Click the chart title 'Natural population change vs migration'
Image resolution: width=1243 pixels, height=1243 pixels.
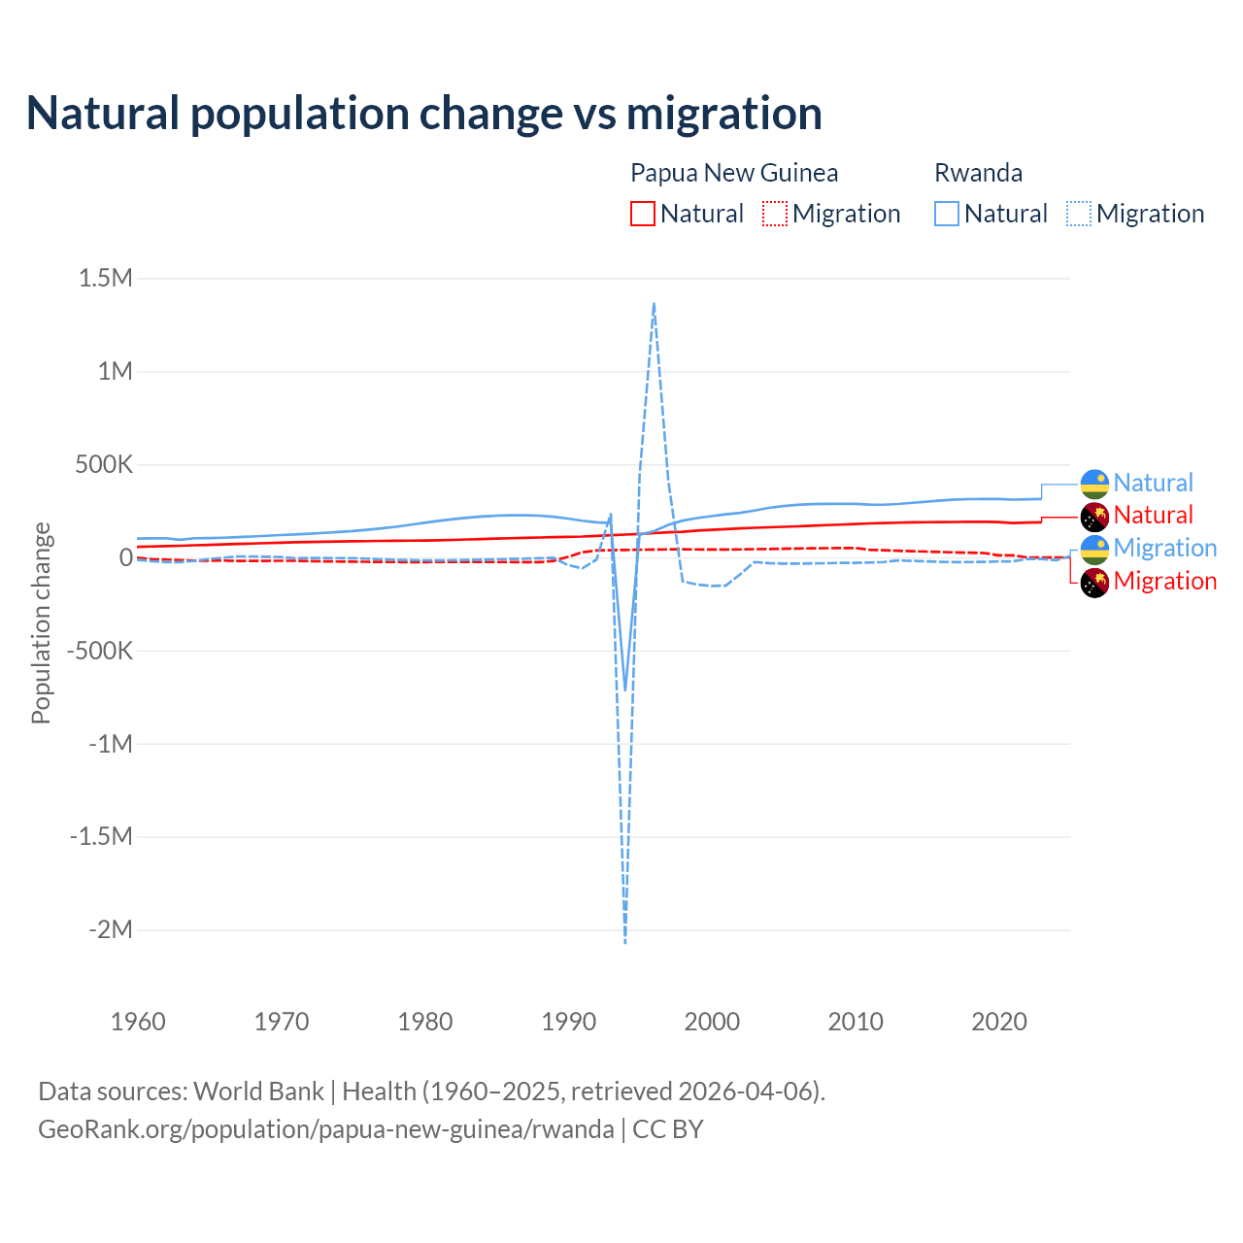click(x=424, y=114)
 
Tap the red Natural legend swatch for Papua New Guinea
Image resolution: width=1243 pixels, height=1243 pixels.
click(x=642, y=214)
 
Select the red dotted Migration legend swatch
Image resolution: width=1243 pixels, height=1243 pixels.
click(x=774, y=214)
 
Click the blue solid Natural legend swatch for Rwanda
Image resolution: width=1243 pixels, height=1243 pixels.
click(x=946, y=214)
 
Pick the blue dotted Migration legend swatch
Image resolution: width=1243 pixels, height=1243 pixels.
click(x=1078, y=214)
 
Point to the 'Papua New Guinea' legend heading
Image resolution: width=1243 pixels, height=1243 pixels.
click(x=733, y=173)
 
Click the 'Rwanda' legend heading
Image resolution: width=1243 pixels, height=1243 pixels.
click(x=978, y=173)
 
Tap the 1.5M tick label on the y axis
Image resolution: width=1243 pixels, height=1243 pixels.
click(x=105, y=279)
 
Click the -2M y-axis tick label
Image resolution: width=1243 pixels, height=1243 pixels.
click(x=110, y=930)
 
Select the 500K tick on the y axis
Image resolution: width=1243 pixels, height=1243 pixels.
click(x=103, y=465)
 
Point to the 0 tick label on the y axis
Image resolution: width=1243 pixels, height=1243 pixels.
click(x=125, y=557)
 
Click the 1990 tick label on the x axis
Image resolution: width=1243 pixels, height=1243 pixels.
click(x=568, y=1022)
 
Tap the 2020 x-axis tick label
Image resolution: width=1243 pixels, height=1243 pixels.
click(x=999, y=1022)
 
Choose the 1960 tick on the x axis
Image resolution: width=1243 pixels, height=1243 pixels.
click(x=138, y=1022)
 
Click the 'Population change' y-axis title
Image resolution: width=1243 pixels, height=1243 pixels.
click(x=41, y=622)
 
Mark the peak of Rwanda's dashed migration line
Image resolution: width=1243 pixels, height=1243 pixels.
click(x=654, y=304)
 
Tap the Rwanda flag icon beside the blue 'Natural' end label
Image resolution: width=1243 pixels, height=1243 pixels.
click(x=1094, y=484)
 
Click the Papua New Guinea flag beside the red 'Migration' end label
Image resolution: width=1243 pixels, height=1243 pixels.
click(x=1094, y=583)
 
